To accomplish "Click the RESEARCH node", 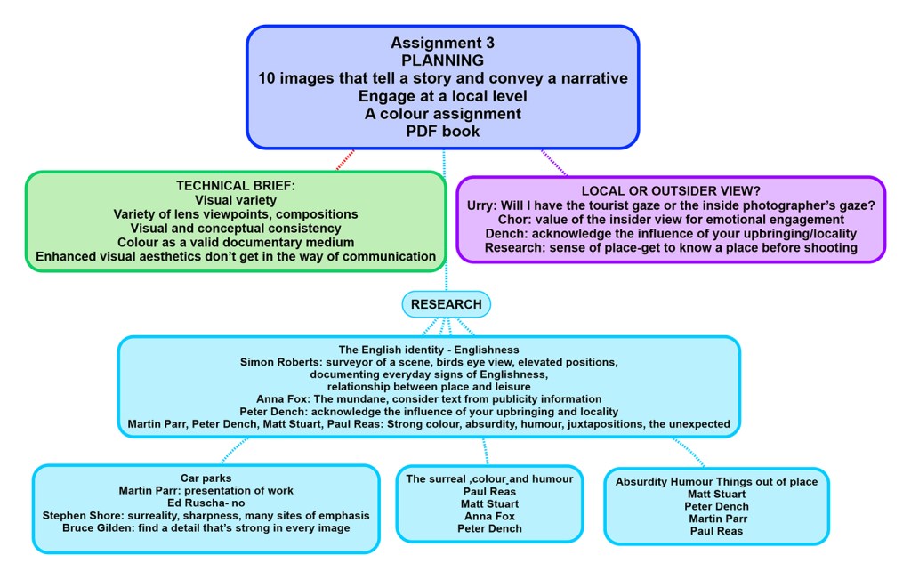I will [446, 304].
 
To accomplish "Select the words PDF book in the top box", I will [442, 132].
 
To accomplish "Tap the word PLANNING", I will [442, 60].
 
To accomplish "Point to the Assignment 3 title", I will [442, 43].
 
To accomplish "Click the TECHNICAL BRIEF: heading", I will [236, 186].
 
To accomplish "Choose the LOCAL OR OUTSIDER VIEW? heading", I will [671, 190].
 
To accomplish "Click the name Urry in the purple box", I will [483, 205].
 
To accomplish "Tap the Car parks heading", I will [206, 477].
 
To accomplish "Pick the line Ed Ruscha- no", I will [206, 503].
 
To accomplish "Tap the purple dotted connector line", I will [554, 162].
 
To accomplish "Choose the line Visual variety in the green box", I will [236, 200].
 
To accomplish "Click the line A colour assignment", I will [442, 114].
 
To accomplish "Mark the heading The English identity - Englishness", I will [428, 350].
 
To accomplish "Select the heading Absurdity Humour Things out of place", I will [716, 482].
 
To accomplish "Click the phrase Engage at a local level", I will [442, 96].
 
